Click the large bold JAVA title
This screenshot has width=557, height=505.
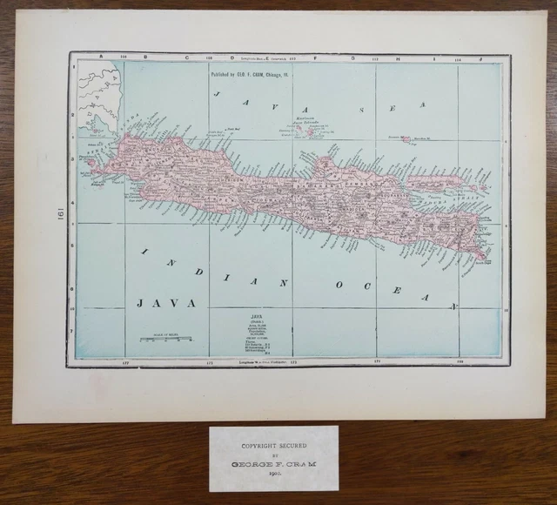tap(165, 303)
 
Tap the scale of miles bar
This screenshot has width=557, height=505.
tap(166, 339)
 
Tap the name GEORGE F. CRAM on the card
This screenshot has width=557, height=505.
tap(272, 466)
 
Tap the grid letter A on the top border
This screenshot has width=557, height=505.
tap(101, 57)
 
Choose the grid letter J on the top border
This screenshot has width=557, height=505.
tap(479, 57)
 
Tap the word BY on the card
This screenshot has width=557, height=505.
tap(272, 455)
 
